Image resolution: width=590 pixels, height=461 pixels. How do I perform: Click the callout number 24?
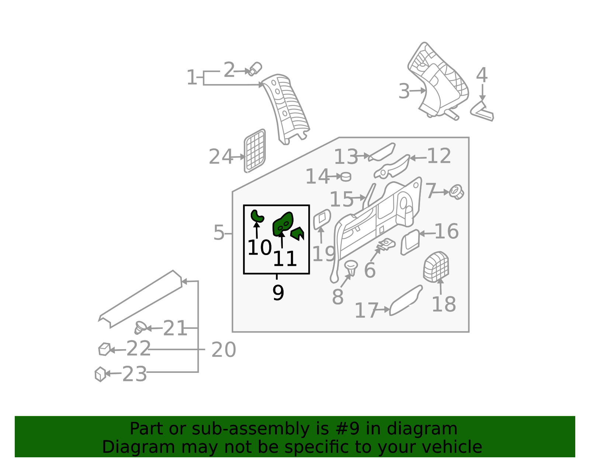pyautogui.click(x=221, y=157)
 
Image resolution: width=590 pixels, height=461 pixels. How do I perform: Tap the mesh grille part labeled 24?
pyautogui.click(x=255, y=151)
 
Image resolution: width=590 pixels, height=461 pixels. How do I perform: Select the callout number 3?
pyautogui.click(x=404, y=91)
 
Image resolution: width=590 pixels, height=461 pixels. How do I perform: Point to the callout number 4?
pyautogui.click(x=482, y=75)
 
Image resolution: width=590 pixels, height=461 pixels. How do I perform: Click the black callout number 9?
pyautogui.click(x=278, y=293)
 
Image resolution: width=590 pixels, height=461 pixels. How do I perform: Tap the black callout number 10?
pyautogui.click(x=260, y=248)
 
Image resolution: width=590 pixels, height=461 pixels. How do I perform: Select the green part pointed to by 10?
pyautogui.click(x=257, y=217)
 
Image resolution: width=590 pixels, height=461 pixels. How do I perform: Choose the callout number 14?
pyautogui.click(x=317, y=176)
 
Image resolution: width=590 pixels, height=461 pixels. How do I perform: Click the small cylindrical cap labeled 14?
pyautogui.click(x=346, y=176)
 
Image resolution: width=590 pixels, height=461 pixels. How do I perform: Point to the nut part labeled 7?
pyautogui.click(x=457, y=192)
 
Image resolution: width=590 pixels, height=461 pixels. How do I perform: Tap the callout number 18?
pyautogui.click(x=444, y=304)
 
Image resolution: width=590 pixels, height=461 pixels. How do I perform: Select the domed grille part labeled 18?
pyautogui.click(x=436, y=267)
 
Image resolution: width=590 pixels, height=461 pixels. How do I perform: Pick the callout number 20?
pyautogui.click(x=223, y=350)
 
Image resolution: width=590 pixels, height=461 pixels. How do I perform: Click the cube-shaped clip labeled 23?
pyautogui.click(x=100, y=374)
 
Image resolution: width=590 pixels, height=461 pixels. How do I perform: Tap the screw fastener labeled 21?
pyautogui.click(x=140, y=328)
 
